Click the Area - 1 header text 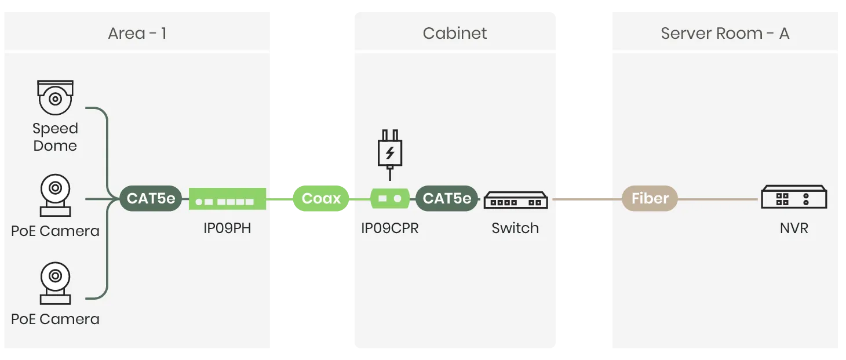[137, 33]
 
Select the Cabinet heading [455, 33]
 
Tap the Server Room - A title [725, 33]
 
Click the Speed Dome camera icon [55, 97]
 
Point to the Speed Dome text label [55, 137]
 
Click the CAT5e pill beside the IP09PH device [151, 198]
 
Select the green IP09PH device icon [227, 199]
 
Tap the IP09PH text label [227, 228]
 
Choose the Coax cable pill [321, 198]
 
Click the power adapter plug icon [390, 155]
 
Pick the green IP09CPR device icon [390, 198]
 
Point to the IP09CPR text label [390, 228]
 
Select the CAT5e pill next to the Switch [447, 198]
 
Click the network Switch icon [516, 200]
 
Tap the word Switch [515, 228]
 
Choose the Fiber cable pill [650, 198]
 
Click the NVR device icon [794, 197]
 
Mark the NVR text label [794, 228]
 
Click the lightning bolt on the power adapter [390, 152]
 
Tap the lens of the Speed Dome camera [56, 99]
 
